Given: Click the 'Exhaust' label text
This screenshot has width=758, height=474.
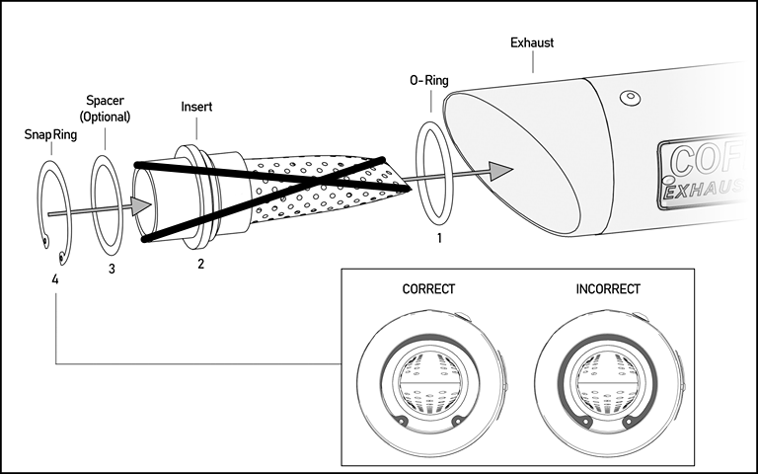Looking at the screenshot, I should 531,42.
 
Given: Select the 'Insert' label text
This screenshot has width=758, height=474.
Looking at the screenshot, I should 197,105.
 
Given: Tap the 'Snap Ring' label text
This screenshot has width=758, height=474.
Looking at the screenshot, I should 50,133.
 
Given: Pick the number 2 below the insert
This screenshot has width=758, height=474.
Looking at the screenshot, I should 200,264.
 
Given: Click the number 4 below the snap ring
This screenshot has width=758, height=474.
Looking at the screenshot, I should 55,279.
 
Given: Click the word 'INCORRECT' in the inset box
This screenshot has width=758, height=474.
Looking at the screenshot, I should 607,289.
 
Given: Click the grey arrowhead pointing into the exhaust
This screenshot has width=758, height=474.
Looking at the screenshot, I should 500,171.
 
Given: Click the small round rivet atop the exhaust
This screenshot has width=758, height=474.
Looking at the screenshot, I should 627,99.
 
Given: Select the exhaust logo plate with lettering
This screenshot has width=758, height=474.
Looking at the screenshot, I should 705,172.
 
